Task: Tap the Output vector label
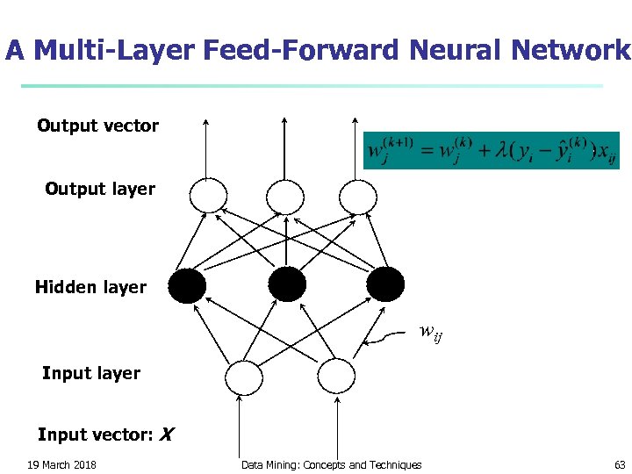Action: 97,126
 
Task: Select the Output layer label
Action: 100,189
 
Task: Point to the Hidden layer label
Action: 90,287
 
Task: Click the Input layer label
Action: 91,373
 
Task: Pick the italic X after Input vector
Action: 167,434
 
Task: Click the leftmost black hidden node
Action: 187,284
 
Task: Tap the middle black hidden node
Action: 287,284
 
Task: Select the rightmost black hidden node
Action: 385,284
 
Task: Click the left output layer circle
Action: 209,195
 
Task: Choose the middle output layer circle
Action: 284,195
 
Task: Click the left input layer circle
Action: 244,377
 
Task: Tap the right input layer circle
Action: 334,377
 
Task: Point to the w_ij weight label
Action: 430,333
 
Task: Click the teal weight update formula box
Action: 491,150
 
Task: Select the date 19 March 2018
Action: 61,465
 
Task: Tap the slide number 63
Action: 620,465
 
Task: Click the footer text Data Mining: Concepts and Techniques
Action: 331,465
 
